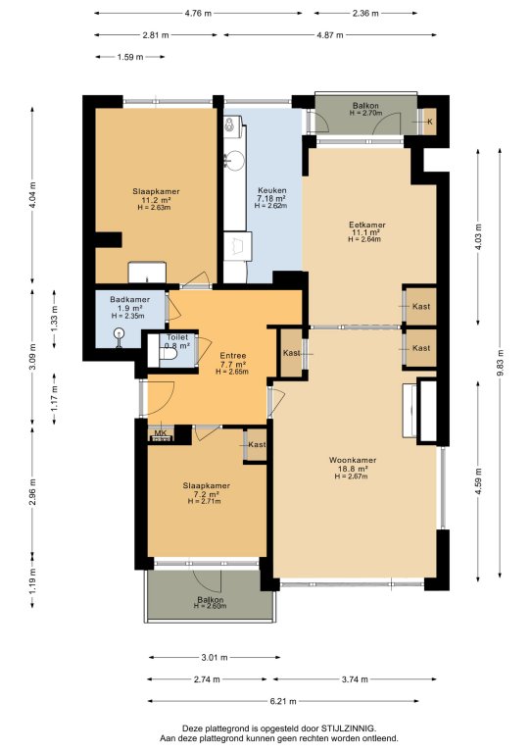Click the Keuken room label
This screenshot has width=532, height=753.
(271, 190)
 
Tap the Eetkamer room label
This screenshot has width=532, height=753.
(367, 225)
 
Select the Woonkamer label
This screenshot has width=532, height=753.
(353, 460)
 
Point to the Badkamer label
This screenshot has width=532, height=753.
(129, 300)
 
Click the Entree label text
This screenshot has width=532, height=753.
(232, 356)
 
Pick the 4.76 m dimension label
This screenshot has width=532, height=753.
(198, 14)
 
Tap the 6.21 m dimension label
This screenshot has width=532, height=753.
(283, 701)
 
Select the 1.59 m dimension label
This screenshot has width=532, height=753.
(130, 57)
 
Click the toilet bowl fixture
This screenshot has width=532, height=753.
(168, 354)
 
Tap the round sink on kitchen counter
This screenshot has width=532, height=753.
(235, 158)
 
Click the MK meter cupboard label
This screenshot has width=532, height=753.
(161, 433)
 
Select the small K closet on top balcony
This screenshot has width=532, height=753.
(429, 122)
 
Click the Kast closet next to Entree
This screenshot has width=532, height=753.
(291, 353)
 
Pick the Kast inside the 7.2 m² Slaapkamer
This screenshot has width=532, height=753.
(255, 445)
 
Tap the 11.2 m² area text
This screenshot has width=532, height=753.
(157, 200)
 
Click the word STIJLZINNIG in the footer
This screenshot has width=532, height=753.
(349, 728)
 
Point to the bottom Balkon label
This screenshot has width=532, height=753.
(210, 600)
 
